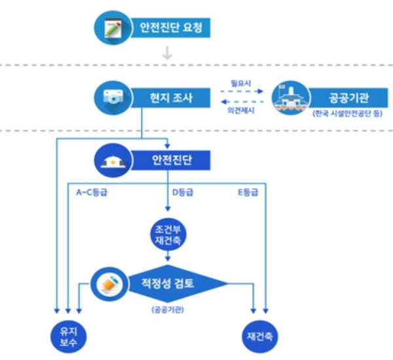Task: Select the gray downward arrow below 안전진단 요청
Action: pos(167,54)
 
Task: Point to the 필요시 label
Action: pos(240,84)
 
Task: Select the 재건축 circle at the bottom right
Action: pos(260,336)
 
